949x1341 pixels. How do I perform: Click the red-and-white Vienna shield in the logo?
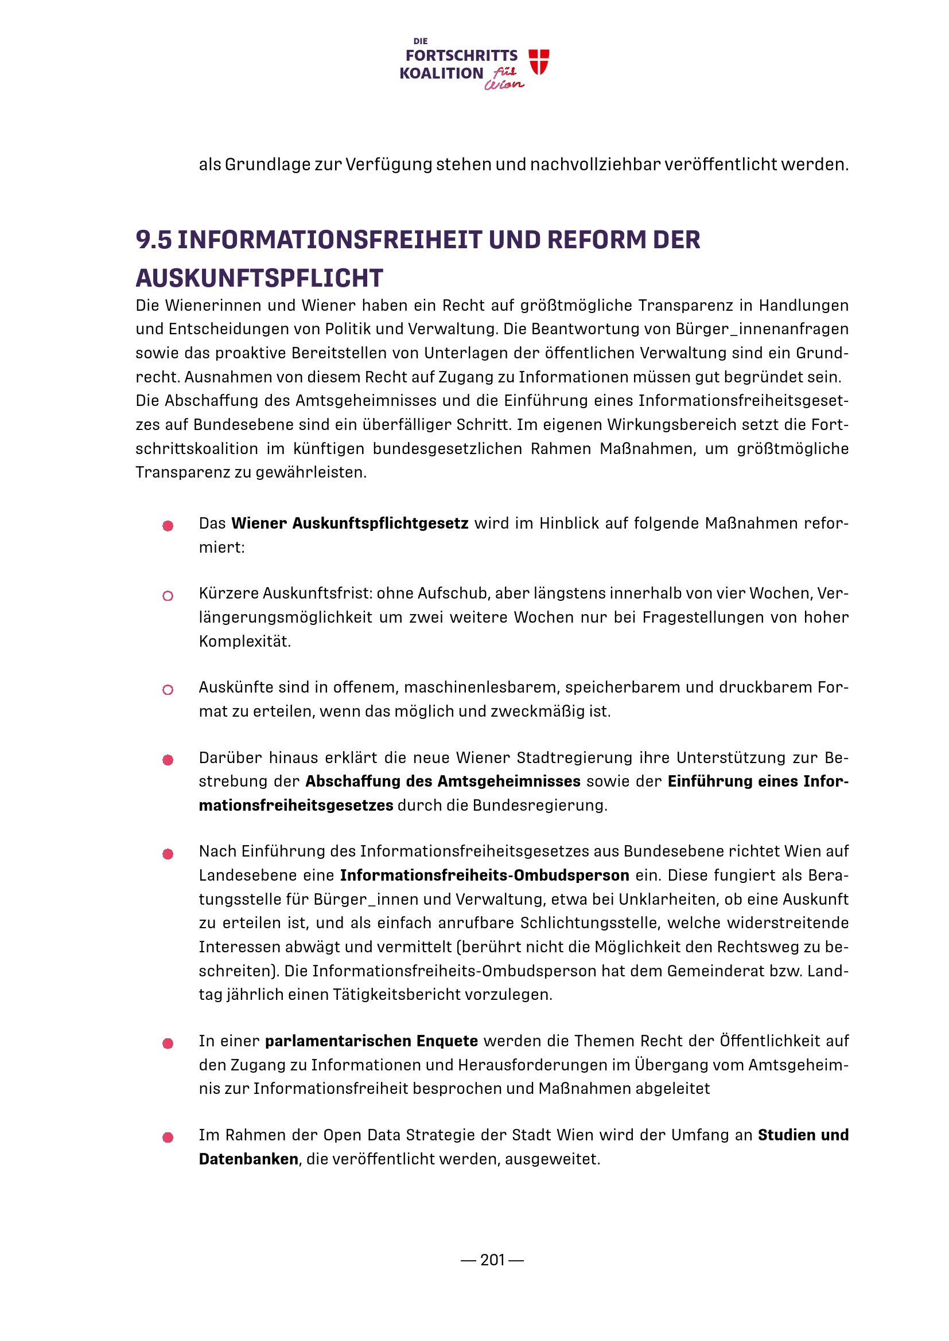point(538,61)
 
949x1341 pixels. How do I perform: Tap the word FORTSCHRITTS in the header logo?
point(461,56)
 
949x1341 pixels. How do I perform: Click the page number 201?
point(492,1260)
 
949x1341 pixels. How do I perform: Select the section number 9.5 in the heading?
point(154,240)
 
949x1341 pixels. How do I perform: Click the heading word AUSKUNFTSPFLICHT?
point(259,278)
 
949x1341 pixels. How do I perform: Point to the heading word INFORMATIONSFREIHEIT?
point(329,240)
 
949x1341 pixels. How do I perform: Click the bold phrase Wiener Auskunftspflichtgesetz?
point(349,523)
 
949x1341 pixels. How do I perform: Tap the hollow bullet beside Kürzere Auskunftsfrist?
point(168,596)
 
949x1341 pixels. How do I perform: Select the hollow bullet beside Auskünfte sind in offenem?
point(168,690)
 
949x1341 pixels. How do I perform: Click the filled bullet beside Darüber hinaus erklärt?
point(168,760)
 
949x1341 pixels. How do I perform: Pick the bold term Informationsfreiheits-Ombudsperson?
point(484,875)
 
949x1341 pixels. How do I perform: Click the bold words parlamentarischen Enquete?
point(371,1041)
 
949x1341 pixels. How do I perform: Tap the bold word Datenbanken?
point(248,1159)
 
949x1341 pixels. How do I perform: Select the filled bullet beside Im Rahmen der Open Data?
point(168,1137)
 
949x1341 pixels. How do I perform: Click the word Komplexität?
point(244,642)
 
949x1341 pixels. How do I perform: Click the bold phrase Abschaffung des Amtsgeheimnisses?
point(442,781)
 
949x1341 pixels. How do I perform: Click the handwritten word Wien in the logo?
point(503,85)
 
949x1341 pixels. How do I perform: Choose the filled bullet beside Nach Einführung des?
point(168,854)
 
